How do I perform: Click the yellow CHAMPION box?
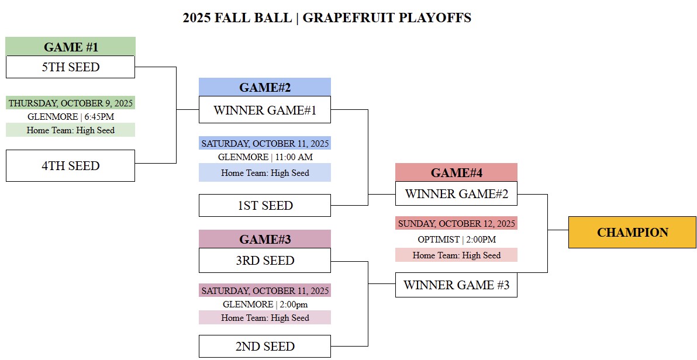click(x=632, y=232)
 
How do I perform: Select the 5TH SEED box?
click(x=70, y=67)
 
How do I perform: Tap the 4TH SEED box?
click(x=70, y=165)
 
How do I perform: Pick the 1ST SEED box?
click(x=265, y=206)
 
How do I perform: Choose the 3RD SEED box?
click(x=265, y=261)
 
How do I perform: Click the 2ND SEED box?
click(x=265, y=346)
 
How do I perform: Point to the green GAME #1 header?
click(x=71, y=47)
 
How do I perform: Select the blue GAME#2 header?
click(x=265, y=87)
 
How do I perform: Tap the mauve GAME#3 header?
click(x=265, y=239)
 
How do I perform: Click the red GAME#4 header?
click(x=456, y=172)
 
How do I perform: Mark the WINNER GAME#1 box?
click(x=265, y=110)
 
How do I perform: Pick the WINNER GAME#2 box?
click(x=456, y=194)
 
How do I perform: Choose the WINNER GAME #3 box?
click(x=456, y=285)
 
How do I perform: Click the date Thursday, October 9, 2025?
click(x=71, y=103)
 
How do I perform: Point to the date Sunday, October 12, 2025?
click(x=456, y=223)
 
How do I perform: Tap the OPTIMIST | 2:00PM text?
click(x=456, y=240)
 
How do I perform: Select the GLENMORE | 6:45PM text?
click(x=71, y=117)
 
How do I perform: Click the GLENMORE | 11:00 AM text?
click(x=265, y=157)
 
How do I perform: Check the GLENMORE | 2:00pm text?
click(x=265, y=304)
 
